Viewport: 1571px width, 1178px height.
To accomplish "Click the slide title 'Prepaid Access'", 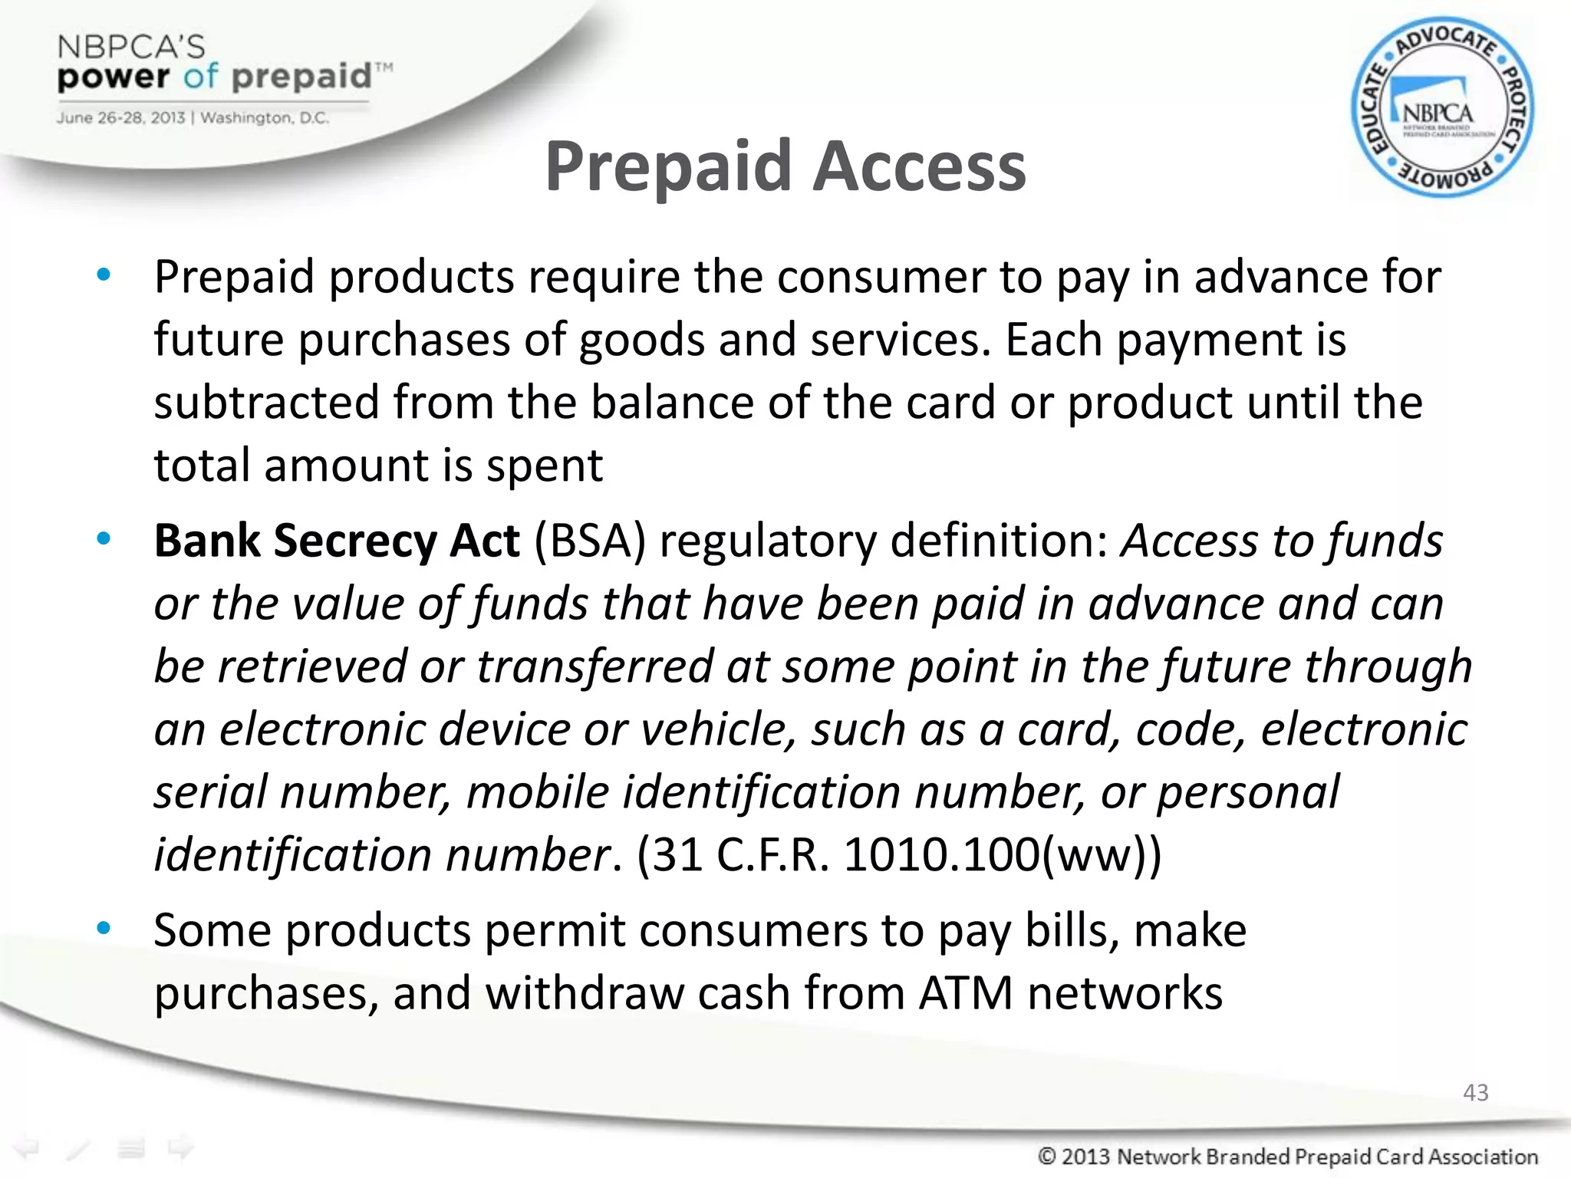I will click(785, 166).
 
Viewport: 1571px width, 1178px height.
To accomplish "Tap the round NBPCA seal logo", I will click(1442, 108).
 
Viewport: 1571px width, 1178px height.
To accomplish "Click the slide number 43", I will click(1475, 1092).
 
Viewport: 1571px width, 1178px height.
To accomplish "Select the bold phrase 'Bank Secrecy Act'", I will click(337, 541).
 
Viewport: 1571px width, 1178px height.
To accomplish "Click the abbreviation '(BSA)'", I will click(590, 541).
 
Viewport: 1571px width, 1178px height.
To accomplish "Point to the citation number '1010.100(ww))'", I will click(1002, 854).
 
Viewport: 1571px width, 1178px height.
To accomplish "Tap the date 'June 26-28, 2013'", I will click(120, 118).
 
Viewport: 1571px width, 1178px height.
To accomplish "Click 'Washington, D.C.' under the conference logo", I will click(265, 118).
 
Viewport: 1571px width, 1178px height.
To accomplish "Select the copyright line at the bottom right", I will click(1287, 1156).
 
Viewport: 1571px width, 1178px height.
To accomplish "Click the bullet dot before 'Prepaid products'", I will click(104, 275).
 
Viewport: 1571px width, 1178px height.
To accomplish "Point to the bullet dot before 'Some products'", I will click(104, 929).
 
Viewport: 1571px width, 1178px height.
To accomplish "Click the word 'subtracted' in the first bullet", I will click(266, 402).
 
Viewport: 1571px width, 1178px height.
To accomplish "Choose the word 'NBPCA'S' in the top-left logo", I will click(131, 48).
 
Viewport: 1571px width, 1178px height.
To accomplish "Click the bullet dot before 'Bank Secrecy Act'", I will click(104, 539).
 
